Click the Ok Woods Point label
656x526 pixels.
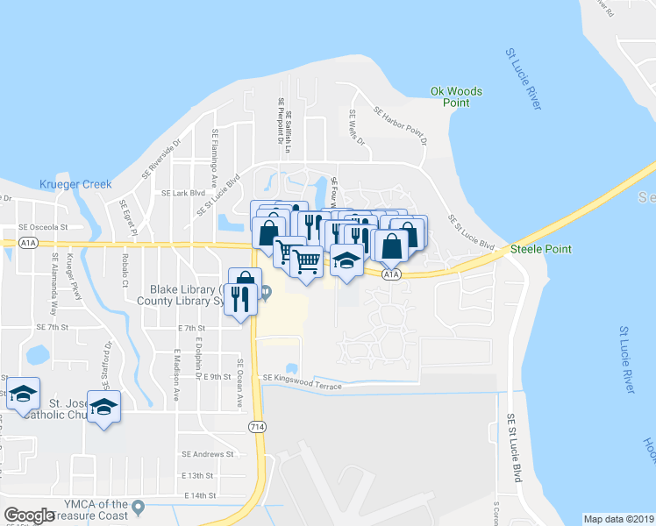456,96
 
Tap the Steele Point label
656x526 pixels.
540,249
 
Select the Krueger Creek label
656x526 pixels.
75,184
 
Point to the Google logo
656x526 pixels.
30,515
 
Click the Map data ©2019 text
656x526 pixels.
618,519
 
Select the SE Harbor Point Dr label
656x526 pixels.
400,125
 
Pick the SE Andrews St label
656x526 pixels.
208,454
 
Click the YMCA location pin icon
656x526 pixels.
137,506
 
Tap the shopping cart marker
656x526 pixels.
306,260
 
